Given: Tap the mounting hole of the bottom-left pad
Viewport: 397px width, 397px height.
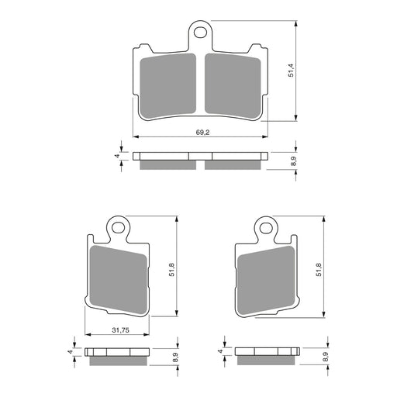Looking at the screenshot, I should (x=118, y=228).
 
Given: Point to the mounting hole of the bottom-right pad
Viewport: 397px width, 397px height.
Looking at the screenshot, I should (x=267, y=228).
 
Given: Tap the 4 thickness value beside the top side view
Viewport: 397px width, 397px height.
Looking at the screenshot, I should (x=116, y=156).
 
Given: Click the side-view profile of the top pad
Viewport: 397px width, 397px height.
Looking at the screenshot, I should (x=201, y=159).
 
